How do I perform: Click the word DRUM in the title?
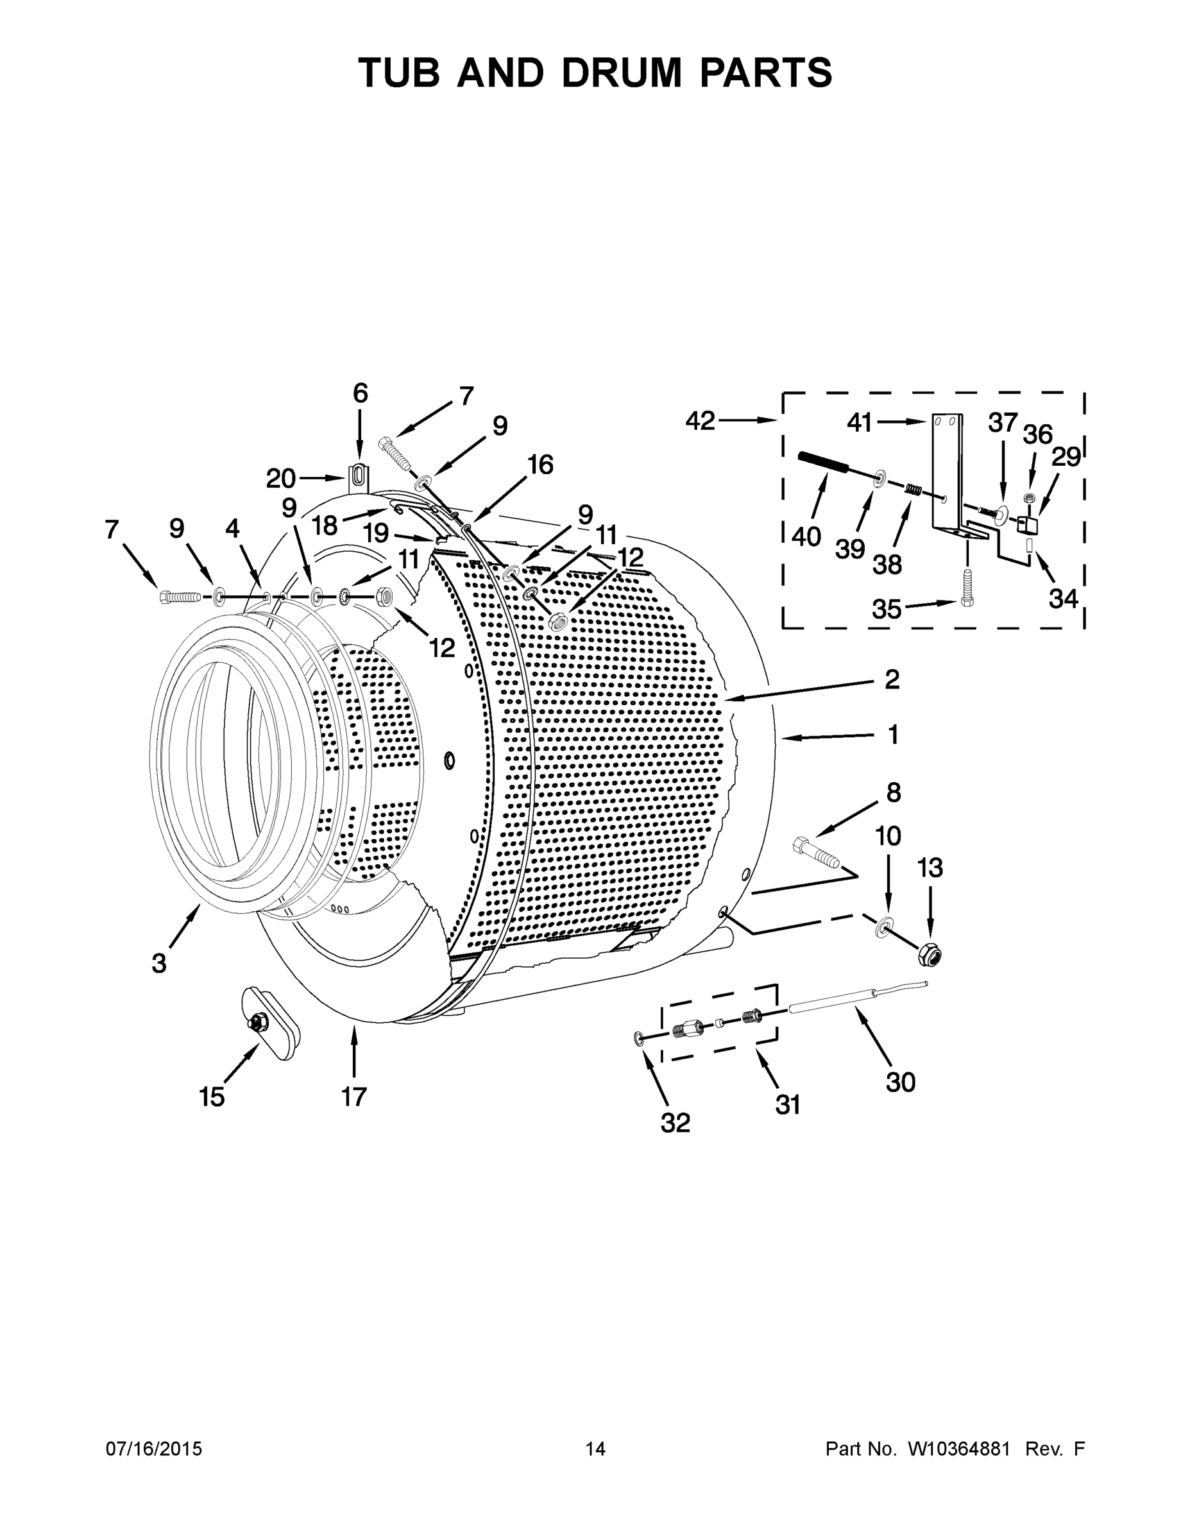(x=621, y=73)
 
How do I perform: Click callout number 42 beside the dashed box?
(x=700, y=421)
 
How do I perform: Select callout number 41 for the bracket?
(x=860, y=422)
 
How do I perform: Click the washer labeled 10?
(x=883, y=927)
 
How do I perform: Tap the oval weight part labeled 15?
(x=270, y=1025)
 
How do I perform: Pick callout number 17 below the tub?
(x=354, y=1097)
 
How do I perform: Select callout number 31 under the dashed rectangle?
(x=788, y=1105)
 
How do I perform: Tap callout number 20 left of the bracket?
(x=280, y=479)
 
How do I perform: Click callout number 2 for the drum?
(x=892, y=680)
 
